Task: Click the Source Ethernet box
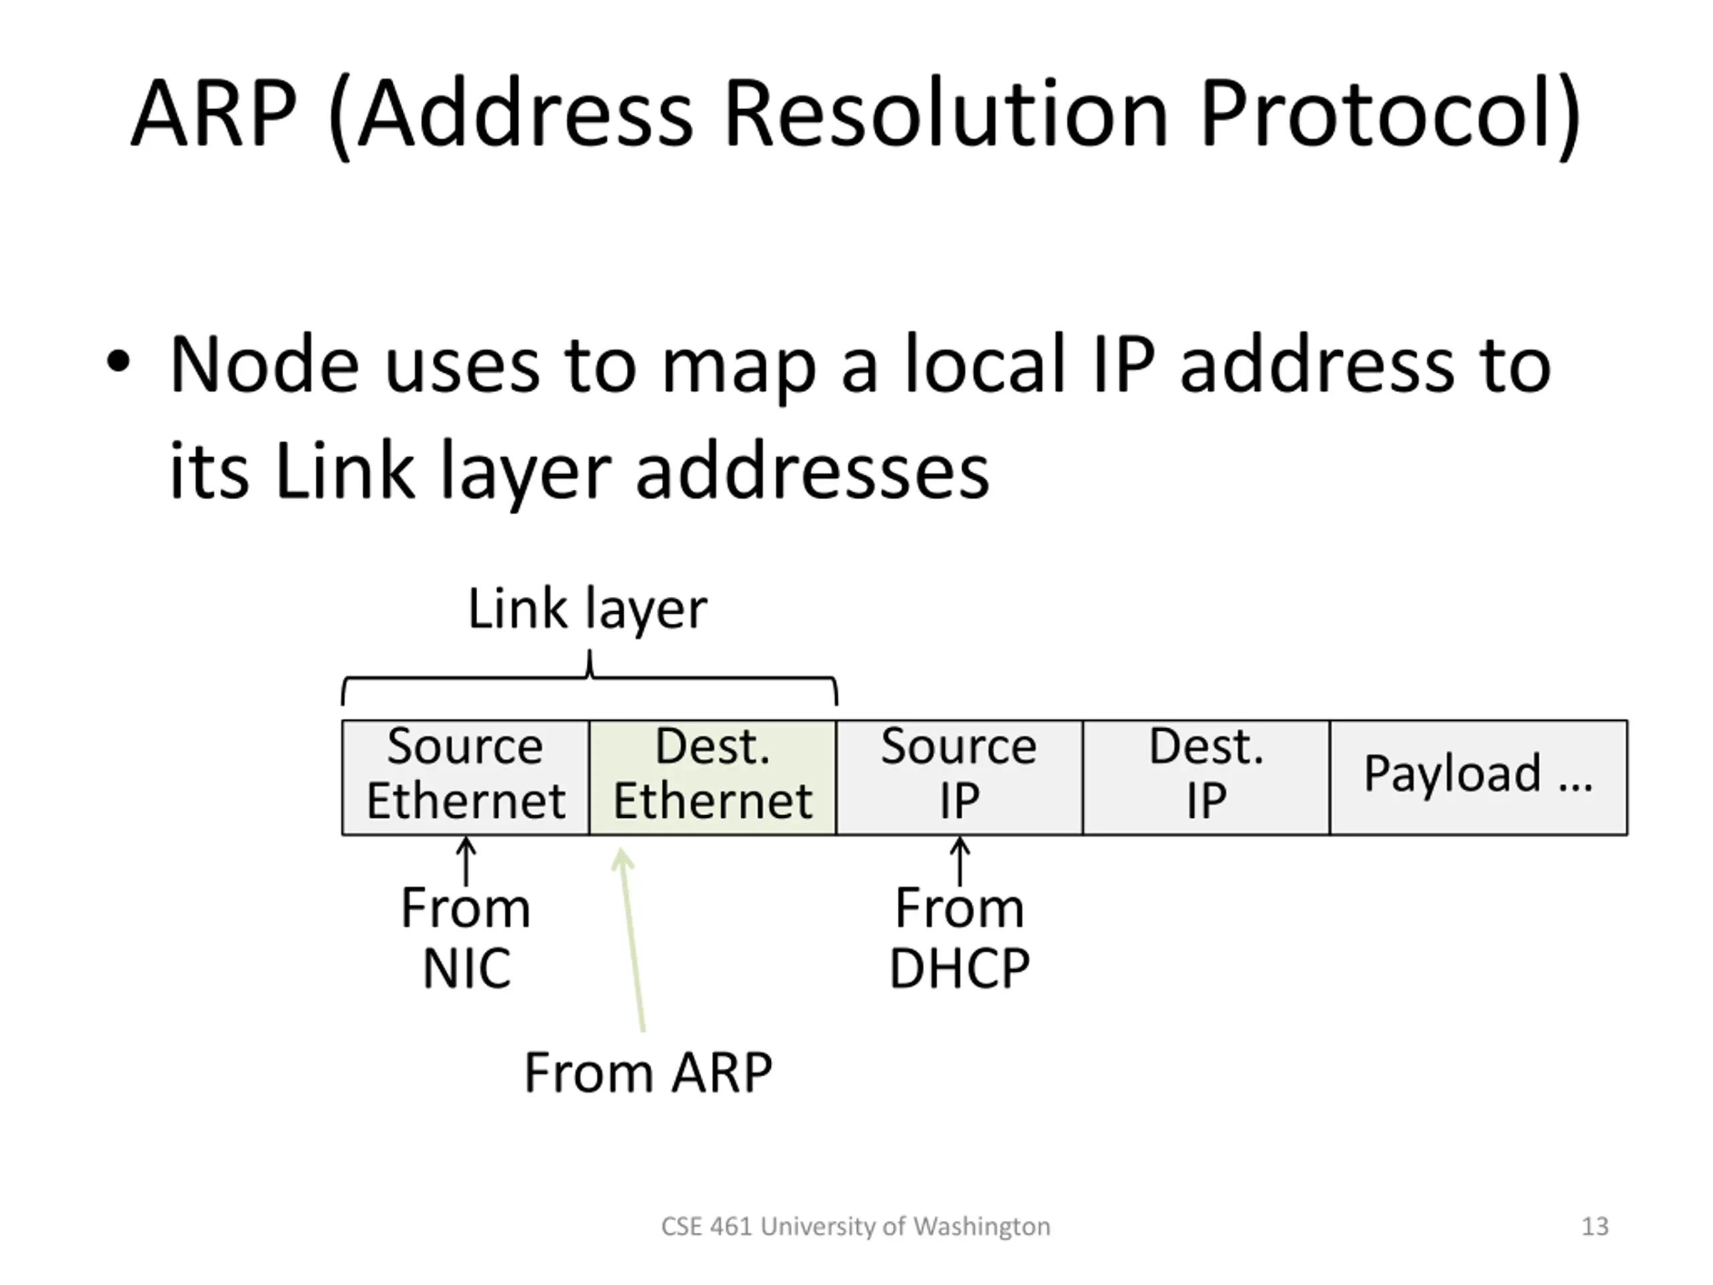466,777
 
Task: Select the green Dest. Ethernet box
713,777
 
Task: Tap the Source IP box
960,777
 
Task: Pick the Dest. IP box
1206,777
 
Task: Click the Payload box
1478,777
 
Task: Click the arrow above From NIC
466,861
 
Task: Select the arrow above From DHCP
960,861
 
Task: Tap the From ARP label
648,1073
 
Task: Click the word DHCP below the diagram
960,968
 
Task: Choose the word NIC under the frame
466,968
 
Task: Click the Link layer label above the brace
587,609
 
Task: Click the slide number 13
1595,1226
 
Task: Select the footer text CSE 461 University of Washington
856,1226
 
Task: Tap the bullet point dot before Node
118,363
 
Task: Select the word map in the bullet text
738,365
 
